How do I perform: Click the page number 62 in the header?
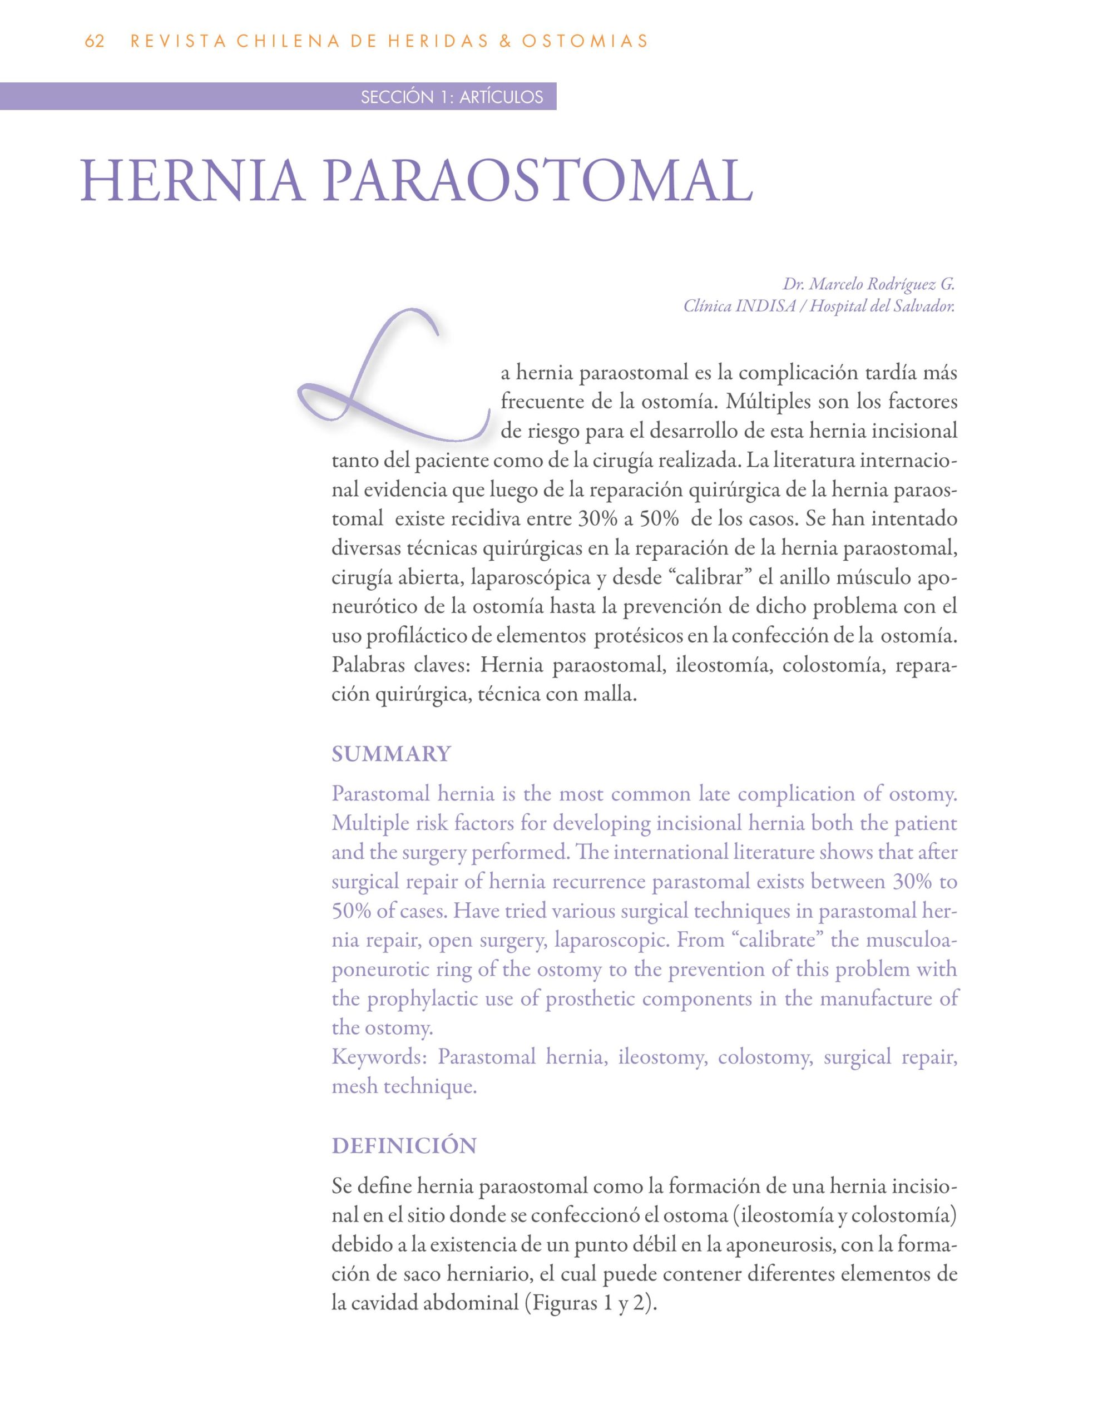coord(95,41)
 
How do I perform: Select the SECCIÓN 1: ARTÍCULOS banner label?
coord(452,97)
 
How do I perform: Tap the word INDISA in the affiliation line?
coord(765,306)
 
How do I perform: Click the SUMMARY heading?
coord(391,754)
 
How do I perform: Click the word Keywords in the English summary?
coord(379,1057)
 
